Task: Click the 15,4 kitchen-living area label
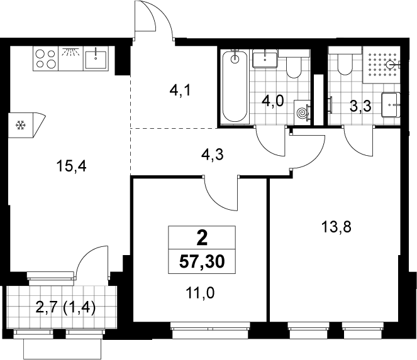[71, 167]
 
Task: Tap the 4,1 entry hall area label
[180, 91]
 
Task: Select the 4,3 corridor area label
[213, 155]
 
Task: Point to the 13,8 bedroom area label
[336, 227]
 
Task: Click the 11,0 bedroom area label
[200, 293]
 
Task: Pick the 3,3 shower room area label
[360, 107]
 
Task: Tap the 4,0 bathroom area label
[273, 101]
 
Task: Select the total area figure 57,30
[202, 262]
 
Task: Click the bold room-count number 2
[202, 238]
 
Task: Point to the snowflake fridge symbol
[20, 125]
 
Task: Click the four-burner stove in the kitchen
[46, 58]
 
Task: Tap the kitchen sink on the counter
[96, 58]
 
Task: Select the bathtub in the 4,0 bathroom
[235, 86]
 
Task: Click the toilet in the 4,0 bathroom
[294, 65]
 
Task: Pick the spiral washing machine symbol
[303, 113]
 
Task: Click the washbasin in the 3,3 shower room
[391, 105]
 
